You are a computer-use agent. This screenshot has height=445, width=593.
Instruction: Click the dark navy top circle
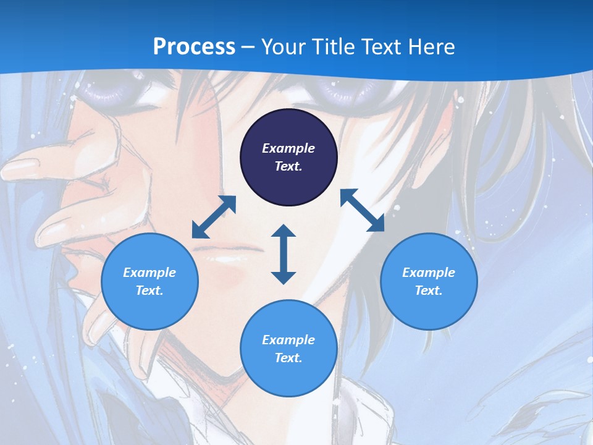pyautogui.click(x=288, y=157)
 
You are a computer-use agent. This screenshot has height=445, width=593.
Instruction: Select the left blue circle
pyautogui.click(x=149, y=281)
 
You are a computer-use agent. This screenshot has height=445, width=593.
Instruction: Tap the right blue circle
pyautogui.click(x=429, y=281)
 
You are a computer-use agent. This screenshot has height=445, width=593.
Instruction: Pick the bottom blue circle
pyautogui.click(x=288, y=349)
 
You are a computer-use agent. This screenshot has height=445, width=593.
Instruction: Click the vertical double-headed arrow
pyautogui.click(x=284, y=254)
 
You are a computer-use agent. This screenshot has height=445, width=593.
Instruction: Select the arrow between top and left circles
pyautogui.click(x=214, y=217)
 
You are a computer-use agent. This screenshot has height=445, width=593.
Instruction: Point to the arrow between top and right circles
pyautogui.click(x=362, y=210)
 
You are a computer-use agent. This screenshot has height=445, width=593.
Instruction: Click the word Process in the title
pyautogui.click(x=194, y=46)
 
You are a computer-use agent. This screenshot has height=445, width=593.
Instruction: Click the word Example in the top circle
pyautogui.click(x=288, y=148)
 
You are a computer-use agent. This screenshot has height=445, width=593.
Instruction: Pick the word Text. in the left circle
pyautogui.click(x=149, y=290)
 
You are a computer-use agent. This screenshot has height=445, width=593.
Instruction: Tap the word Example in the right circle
pyautogui.click(x=429, y=273)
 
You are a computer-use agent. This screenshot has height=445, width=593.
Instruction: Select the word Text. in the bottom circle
pyautogui.click(x=288, y=358)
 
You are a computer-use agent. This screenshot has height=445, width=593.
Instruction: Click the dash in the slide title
pyautogui.click(x=248, y=47)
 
